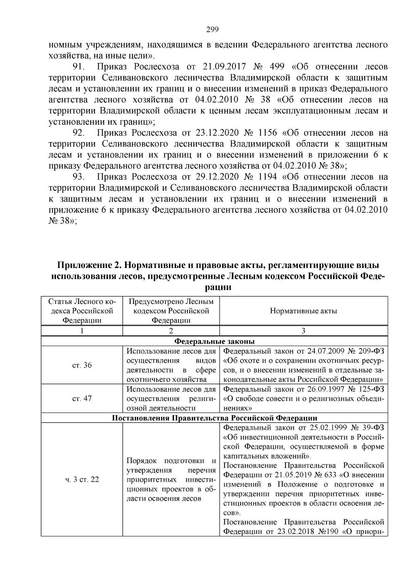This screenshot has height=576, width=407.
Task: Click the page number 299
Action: pos(212,30)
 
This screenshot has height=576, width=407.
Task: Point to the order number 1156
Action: pos(267,133)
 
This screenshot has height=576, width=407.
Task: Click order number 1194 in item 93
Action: pos(267,177)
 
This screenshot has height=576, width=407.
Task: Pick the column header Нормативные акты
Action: pos(304,311)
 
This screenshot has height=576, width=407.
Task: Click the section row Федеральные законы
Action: pos(214,341)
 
